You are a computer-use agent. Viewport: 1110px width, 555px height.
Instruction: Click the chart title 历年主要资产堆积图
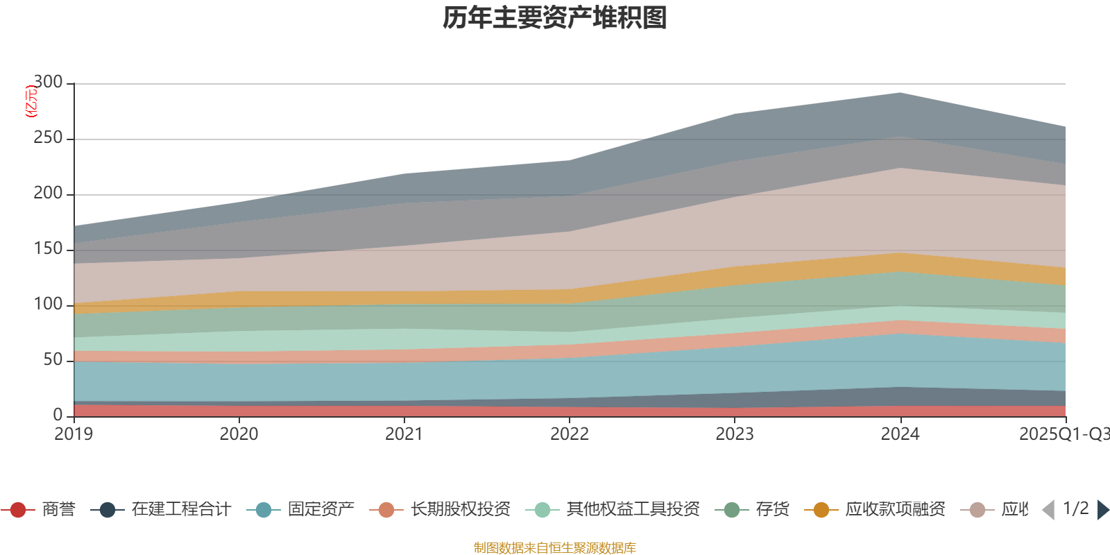[x=555, y=18]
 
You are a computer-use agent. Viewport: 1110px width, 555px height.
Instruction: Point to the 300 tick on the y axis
[x=48, y=83]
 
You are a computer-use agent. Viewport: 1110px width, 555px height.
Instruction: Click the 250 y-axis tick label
[x=48, y=138]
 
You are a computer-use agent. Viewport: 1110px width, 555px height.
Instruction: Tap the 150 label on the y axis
[x=48, y=249]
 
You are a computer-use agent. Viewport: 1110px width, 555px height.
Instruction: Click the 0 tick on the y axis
[x=58, y=415]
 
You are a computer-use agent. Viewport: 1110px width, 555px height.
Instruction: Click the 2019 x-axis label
[x=74, y=434]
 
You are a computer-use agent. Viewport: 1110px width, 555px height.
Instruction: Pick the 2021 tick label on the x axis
[x=404, y=434]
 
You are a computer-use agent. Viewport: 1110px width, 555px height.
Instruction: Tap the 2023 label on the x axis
[x=735, y=434]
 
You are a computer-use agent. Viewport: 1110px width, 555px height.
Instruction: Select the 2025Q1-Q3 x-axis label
[x=1064, y=434]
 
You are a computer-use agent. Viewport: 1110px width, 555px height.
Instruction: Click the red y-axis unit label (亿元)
[x=31, y=101]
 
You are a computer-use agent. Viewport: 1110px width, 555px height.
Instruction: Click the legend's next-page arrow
[x=1102, y=510]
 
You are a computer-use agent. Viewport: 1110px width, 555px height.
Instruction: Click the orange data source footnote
[x=555, y=548]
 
